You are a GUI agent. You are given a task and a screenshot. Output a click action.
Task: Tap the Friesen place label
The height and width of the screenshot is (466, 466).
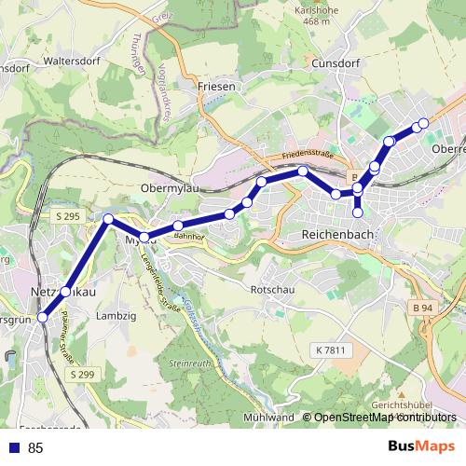217,86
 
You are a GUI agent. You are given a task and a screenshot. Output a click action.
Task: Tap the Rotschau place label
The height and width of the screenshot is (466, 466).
272,290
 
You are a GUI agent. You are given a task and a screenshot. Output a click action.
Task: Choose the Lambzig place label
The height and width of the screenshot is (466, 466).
116,316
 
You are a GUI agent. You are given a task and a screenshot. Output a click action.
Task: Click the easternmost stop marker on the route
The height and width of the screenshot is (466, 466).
423,123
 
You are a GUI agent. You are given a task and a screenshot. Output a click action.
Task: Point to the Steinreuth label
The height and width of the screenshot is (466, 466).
190,362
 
